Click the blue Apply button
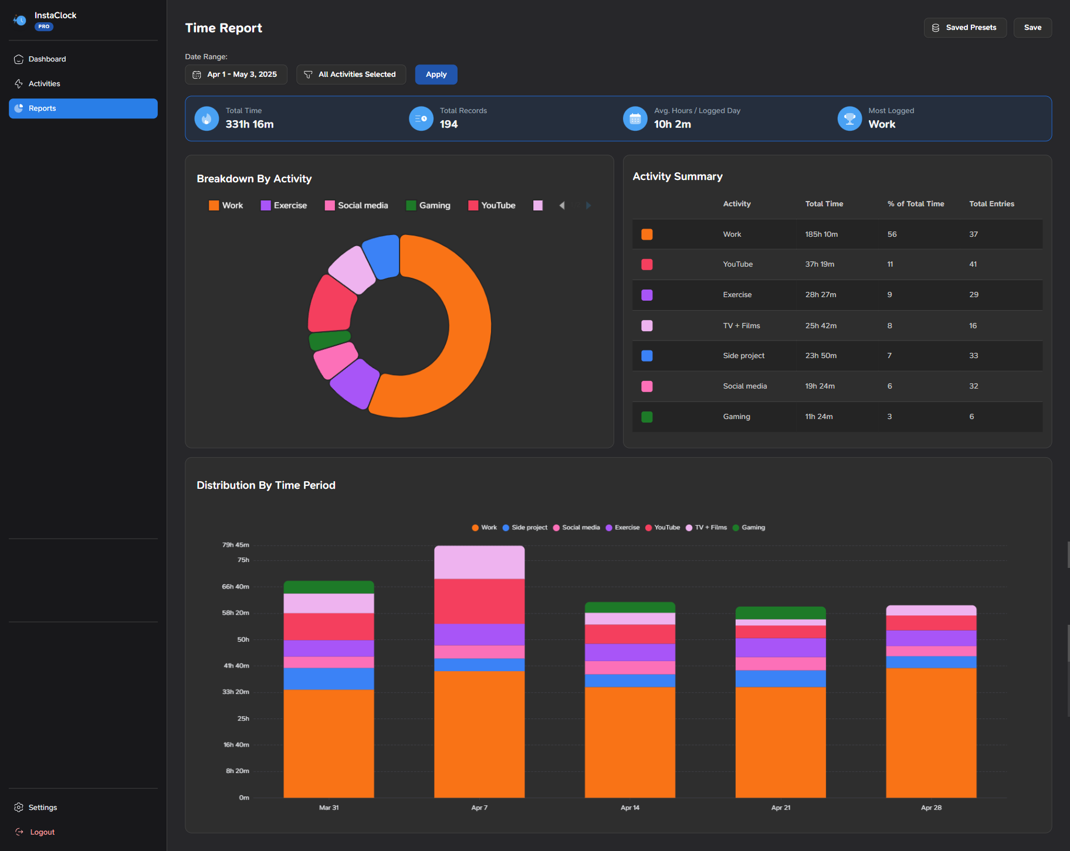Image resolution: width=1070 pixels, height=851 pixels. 436,74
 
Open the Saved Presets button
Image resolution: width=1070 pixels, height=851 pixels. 965,28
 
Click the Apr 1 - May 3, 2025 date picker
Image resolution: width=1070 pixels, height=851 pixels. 236,74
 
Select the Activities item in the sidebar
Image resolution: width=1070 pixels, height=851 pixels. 44,84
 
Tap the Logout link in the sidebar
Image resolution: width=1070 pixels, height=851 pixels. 42,832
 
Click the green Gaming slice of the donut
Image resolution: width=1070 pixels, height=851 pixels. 329,339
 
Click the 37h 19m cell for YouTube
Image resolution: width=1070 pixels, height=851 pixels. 820,264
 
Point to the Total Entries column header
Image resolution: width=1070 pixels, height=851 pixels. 991,204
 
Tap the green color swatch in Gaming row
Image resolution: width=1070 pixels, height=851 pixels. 647,417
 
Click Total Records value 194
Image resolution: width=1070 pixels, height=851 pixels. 449,124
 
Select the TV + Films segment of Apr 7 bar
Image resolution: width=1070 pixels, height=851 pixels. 479,562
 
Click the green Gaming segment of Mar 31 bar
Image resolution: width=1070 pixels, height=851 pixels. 329,587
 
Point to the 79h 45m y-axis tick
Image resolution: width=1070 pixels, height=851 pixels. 235,545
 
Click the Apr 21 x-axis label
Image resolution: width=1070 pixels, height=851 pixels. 780,808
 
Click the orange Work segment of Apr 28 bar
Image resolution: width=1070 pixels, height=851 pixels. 931,733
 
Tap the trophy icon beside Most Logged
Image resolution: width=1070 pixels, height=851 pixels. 849,119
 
